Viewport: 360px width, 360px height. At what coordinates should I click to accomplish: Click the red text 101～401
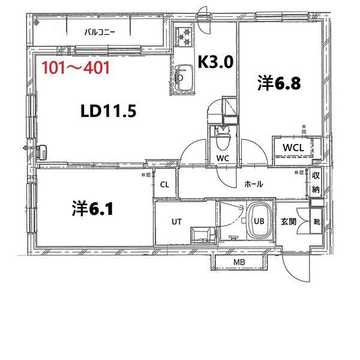(x=75, y=67)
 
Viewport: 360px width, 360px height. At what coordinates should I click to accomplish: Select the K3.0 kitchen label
(x=215, y=61)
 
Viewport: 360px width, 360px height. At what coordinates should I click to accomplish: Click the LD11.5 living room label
(x=110, y=111)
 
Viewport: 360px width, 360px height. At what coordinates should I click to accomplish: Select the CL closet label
(x=164, y=185)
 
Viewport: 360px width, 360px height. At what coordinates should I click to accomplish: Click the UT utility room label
(x=176, y=221)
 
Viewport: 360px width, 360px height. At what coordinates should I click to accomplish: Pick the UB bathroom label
(x=259, y=221)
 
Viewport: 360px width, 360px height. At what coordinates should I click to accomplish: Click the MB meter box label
(x=238, y=262)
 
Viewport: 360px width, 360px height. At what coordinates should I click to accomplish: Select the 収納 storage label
(x=316, y=182)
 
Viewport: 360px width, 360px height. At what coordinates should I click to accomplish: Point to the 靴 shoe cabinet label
(x=316, y=221)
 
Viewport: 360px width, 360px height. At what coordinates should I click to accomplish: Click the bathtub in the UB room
(x=260, y=220)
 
